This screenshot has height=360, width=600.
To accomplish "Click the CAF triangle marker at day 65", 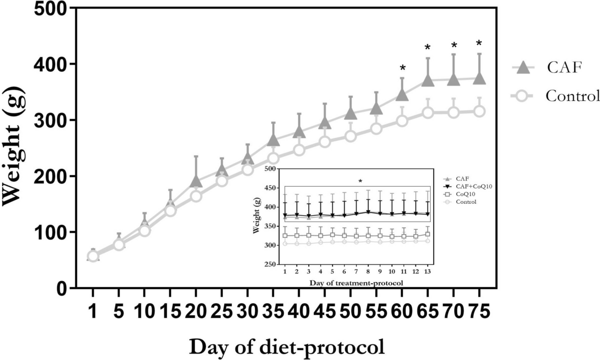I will (x=428, y=80).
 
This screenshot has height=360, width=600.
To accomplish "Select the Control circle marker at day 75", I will (x=479, y=111).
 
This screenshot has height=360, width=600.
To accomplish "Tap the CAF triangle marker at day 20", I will (x=196, y=182).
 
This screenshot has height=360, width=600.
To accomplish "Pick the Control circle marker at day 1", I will (x=93, y=256).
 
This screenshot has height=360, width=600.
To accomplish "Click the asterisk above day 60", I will (x=402, y=69).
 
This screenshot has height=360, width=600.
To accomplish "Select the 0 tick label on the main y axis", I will (x=62, y=288).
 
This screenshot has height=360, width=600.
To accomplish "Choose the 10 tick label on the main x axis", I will (x=144, y=311).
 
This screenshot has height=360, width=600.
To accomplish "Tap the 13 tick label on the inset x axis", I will (x=428, y=273).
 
